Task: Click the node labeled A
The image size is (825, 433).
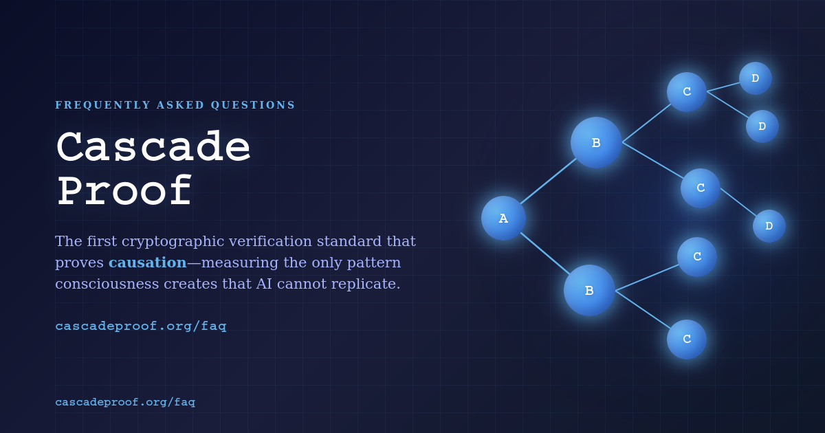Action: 503,218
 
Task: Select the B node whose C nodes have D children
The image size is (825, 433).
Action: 596,142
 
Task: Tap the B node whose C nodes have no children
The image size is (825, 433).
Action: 589,290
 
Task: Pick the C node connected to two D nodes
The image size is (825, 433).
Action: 687,91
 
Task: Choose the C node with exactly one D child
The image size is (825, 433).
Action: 701,188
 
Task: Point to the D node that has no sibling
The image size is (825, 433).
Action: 769,225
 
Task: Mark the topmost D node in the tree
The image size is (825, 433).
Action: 755,78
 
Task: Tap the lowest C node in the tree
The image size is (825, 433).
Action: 687,339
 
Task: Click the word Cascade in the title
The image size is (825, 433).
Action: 153,148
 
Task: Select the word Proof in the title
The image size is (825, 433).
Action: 124,192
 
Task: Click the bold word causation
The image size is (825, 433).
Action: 147,263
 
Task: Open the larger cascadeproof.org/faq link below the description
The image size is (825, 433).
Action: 140,326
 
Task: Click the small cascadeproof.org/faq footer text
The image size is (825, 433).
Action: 125,402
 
